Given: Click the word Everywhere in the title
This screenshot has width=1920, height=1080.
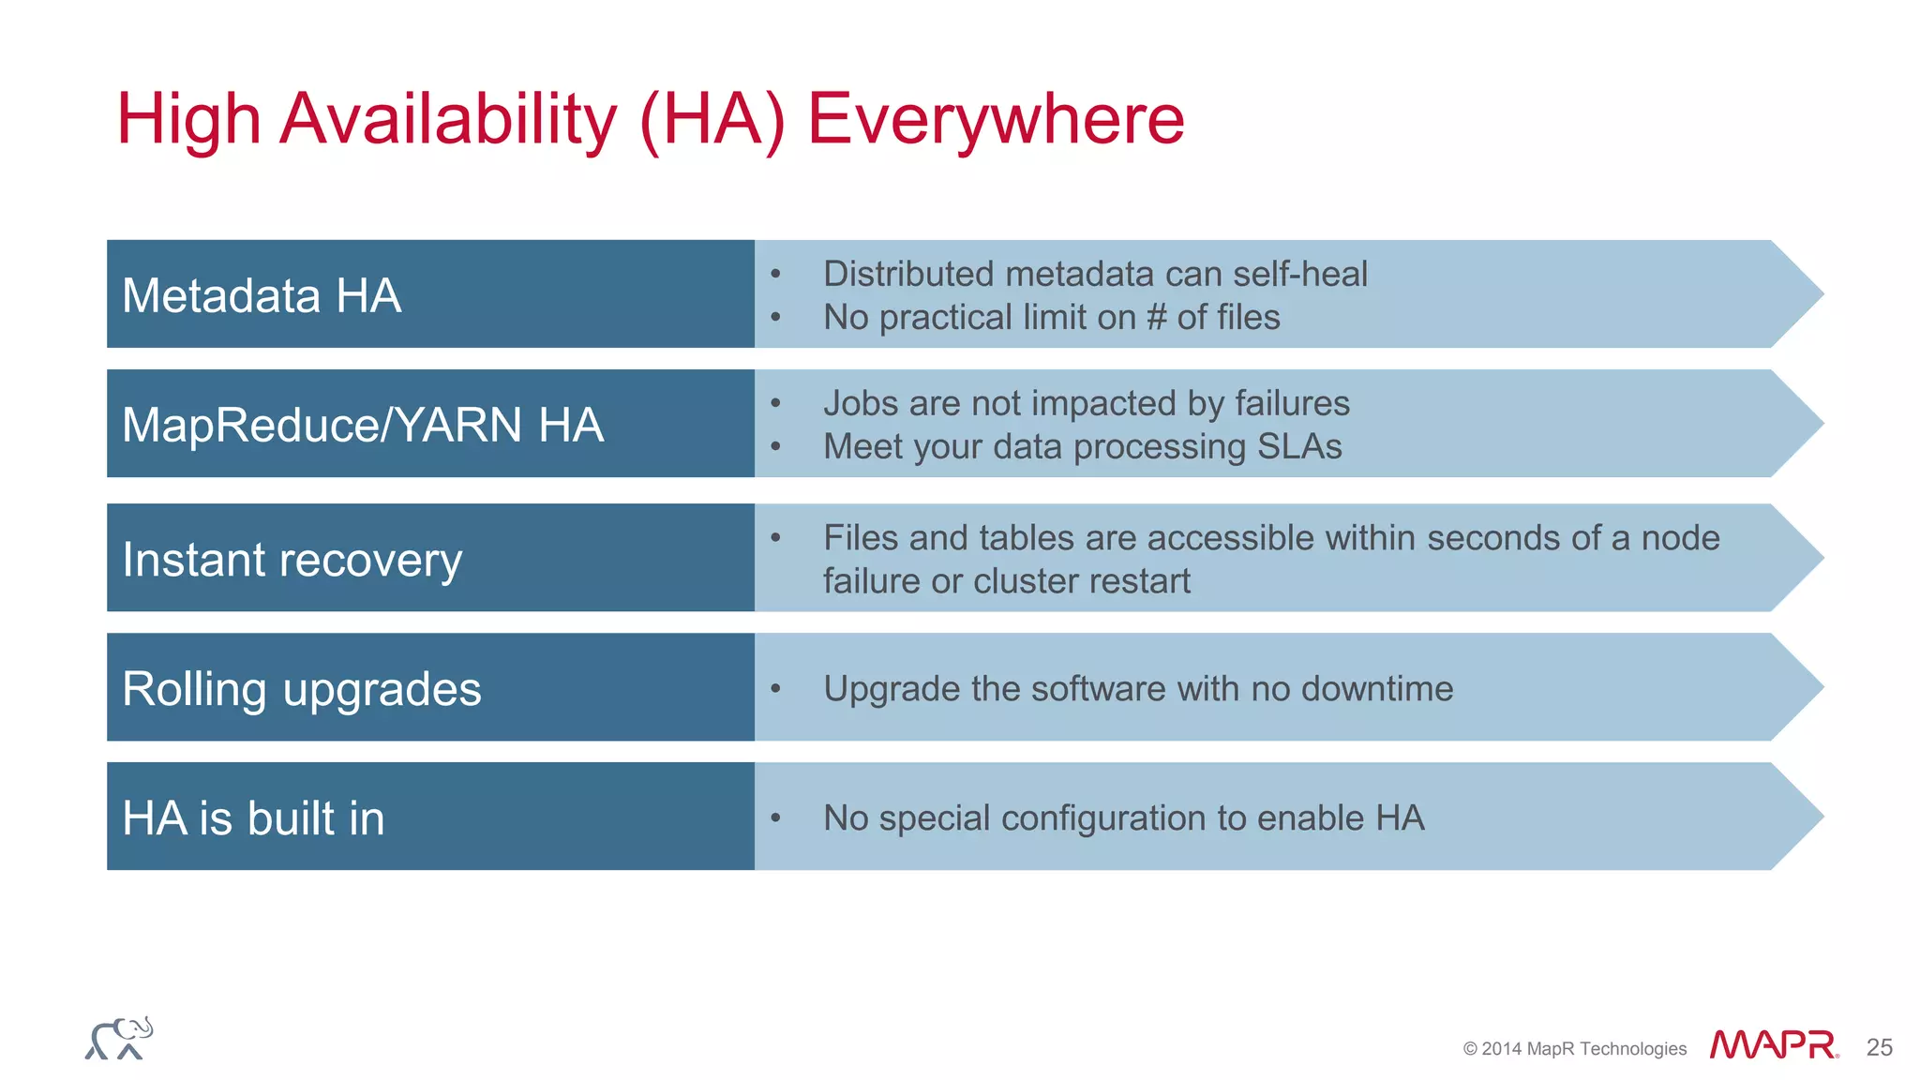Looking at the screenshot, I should [996, 119].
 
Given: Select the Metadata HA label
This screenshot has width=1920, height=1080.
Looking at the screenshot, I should [262, 295].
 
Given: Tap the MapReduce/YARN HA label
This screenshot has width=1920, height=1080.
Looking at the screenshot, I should [363, 425].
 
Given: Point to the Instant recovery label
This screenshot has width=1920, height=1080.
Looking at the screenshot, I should [292, 560].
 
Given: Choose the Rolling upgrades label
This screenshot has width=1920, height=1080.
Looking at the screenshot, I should [302, 689].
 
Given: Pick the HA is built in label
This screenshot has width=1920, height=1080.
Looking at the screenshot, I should [253, 817].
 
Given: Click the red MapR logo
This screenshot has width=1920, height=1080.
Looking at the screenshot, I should [1773, 1045].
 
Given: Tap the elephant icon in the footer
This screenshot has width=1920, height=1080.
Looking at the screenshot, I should [119, 1039].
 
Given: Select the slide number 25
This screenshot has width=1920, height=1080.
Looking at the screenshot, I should [1879, 1047].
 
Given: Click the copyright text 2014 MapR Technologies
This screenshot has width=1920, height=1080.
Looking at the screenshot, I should [1575, 1049].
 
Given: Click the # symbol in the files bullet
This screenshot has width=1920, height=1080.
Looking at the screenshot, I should [1156, 318].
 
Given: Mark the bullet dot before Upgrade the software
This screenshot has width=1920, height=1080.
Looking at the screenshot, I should [775, 689].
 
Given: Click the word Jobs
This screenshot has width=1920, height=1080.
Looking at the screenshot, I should [861, 404].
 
